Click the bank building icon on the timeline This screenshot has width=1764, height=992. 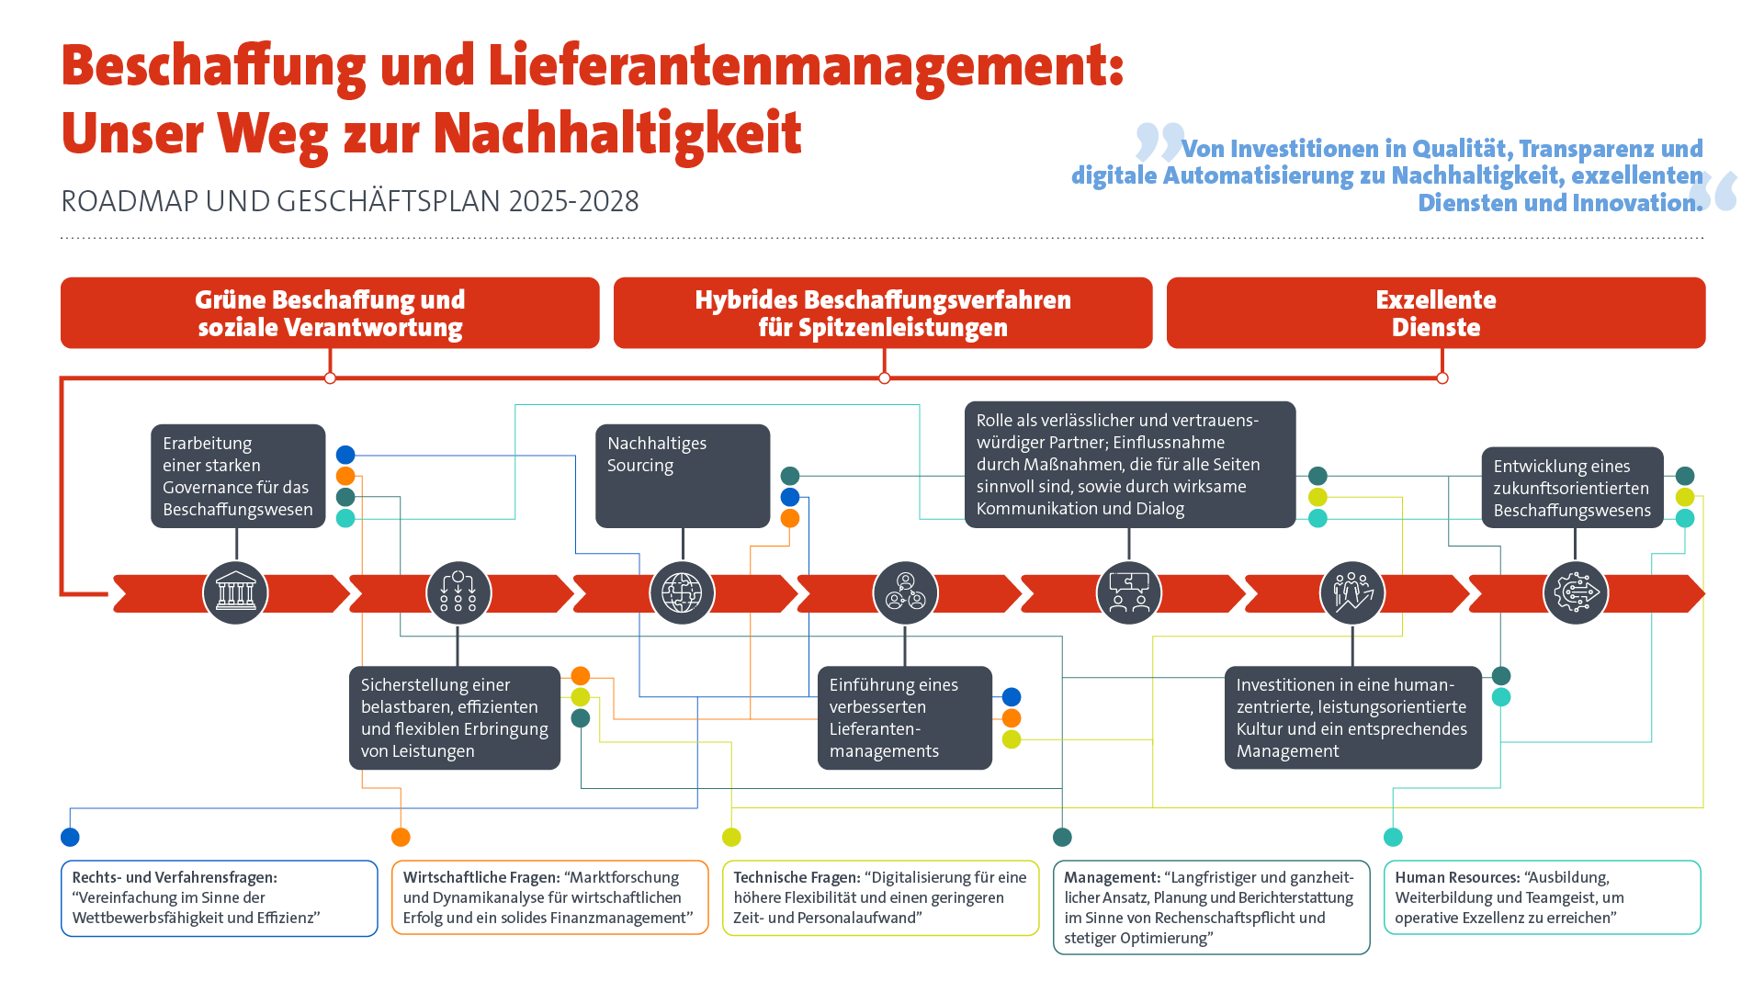235,592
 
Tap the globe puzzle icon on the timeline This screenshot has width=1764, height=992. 682,592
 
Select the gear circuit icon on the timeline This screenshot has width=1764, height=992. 1576,592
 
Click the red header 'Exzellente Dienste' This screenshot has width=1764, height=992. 1435,313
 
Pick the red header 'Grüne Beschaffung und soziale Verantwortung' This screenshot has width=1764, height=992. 330,313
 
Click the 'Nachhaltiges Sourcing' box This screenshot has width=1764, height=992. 682,475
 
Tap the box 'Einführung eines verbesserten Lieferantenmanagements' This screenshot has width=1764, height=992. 904,717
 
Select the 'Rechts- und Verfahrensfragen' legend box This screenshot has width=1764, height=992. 219,897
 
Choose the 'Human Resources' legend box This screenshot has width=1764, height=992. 1542,897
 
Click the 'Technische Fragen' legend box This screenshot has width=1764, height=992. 880,897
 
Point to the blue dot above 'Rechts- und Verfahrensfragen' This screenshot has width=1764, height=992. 70,837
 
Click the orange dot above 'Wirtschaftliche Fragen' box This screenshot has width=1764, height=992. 401,837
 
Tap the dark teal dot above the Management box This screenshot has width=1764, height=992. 1062,837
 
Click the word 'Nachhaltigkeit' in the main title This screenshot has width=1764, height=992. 617,134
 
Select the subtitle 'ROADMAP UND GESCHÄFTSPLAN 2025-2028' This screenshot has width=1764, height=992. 349,201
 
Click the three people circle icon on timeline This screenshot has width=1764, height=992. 905,592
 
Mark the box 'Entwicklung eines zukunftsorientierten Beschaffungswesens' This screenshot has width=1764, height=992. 1572,488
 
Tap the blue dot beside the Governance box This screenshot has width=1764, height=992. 345,455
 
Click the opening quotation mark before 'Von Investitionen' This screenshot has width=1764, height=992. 1159,142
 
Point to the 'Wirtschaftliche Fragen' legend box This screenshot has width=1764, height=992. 549,897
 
